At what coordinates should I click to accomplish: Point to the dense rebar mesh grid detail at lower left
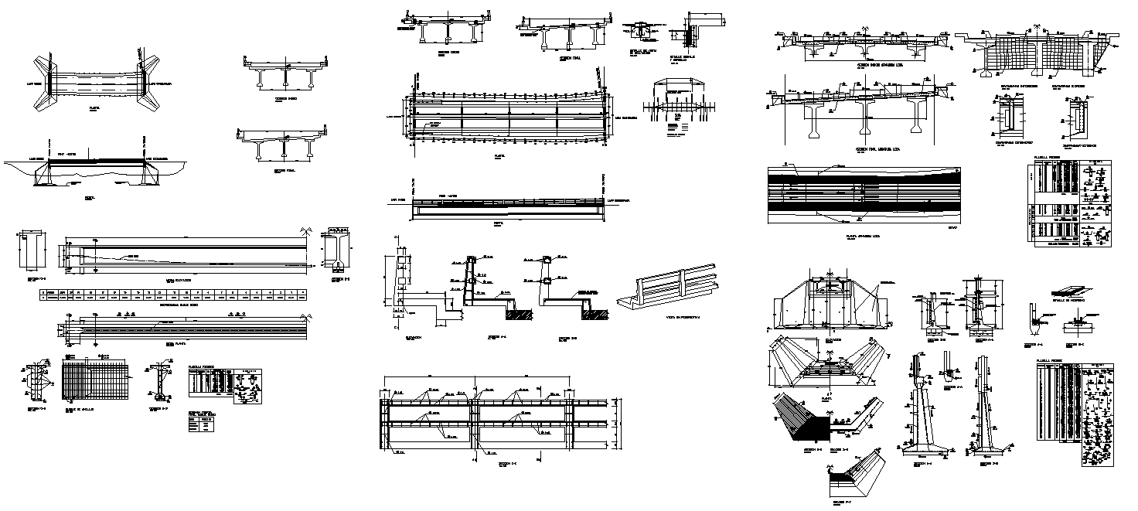pos(94,379)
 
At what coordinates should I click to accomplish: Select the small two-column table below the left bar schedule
pos(203,427)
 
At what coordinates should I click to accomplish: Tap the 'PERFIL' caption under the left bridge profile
pos(90,198)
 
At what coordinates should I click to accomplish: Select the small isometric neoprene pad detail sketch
pos(1069,288)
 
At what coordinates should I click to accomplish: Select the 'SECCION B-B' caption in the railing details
pos(568,339)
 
